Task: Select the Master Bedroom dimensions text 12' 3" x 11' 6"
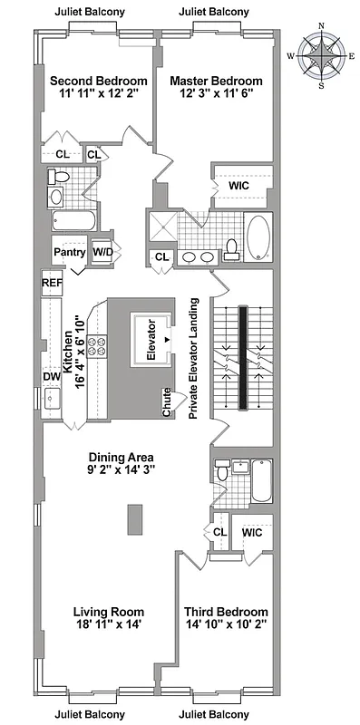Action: tap(216, 93)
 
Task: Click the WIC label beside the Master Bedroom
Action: tap(238, 185)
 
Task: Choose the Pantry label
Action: tap(69, 252)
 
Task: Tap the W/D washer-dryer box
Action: tap(101, 252)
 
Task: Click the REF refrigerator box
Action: tap(52, 284)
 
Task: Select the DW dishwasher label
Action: tap(51, 376)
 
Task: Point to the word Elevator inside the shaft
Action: tap(152, 341)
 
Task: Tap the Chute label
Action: tap(167, 402)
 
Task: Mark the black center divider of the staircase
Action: tap(242, 357)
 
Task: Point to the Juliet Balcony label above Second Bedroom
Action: tap(90, 12)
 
